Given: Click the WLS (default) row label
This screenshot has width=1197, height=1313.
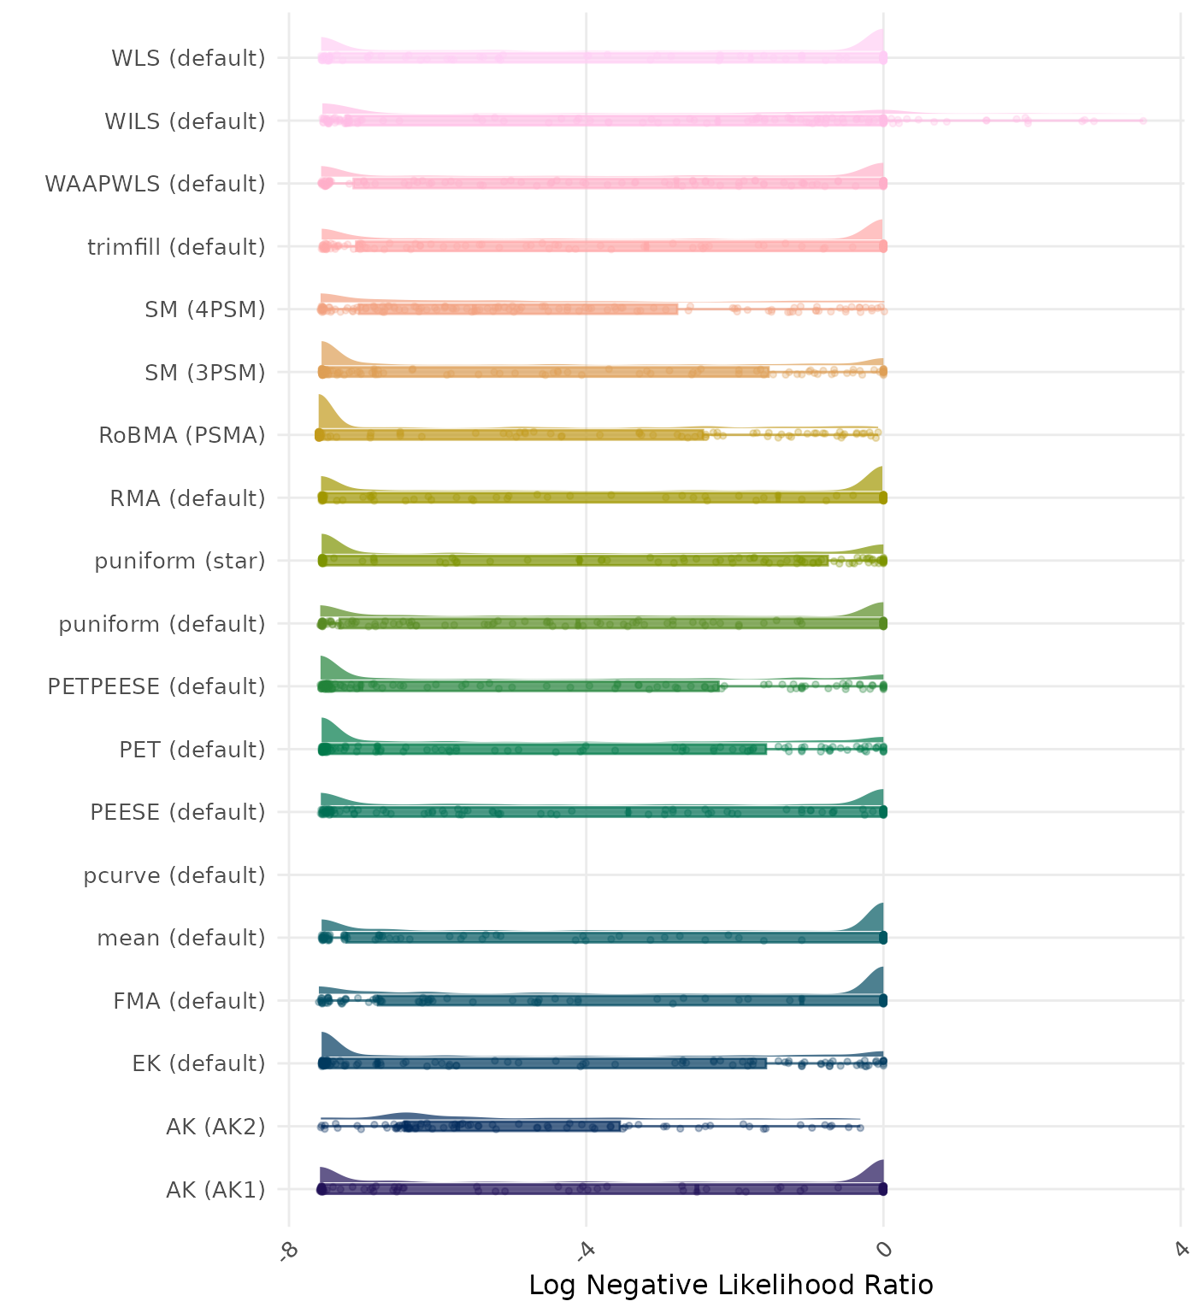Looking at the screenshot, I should click(x=188, y=59).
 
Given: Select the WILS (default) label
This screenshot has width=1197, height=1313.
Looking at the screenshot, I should click(x=185, y=121).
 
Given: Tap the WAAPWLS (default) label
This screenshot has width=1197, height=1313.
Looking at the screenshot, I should click(x=155, y=184).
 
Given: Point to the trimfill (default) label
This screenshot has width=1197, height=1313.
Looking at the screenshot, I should click(x=176, y=247).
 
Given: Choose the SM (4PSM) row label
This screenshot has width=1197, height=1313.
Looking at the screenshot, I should click(x=205, y=309).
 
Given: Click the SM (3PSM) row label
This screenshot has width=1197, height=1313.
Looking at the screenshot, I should click(x=205, y=373).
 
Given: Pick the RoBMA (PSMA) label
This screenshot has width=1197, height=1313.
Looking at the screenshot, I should click(x=182, y=435).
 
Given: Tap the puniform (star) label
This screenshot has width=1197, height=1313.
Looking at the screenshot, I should click(x=180, y=561).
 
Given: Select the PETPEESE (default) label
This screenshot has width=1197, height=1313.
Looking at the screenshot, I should click(x=156, y=686).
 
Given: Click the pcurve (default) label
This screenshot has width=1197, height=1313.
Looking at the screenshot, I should click(x=174, y=875).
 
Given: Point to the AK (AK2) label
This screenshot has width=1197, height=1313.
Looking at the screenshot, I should click(x=215, y=1127).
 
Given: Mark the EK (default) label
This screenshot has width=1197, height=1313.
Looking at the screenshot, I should click(x=198, y=1063).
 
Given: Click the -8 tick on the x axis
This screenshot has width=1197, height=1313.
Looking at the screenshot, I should click(x=288, y=1251).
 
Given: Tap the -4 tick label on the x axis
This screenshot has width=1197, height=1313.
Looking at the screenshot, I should click(x=585, y=1251).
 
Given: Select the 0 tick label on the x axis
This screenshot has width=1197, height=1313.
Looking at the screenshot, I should click(x=883, y=1250).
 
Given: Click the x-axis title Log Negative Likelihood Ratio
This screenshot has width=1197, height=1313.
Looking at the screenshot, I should click(x=731, y=1285).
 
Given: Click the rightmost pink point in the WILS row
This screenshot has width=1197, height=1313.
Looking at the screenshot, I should click(x=1142, y=121).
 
